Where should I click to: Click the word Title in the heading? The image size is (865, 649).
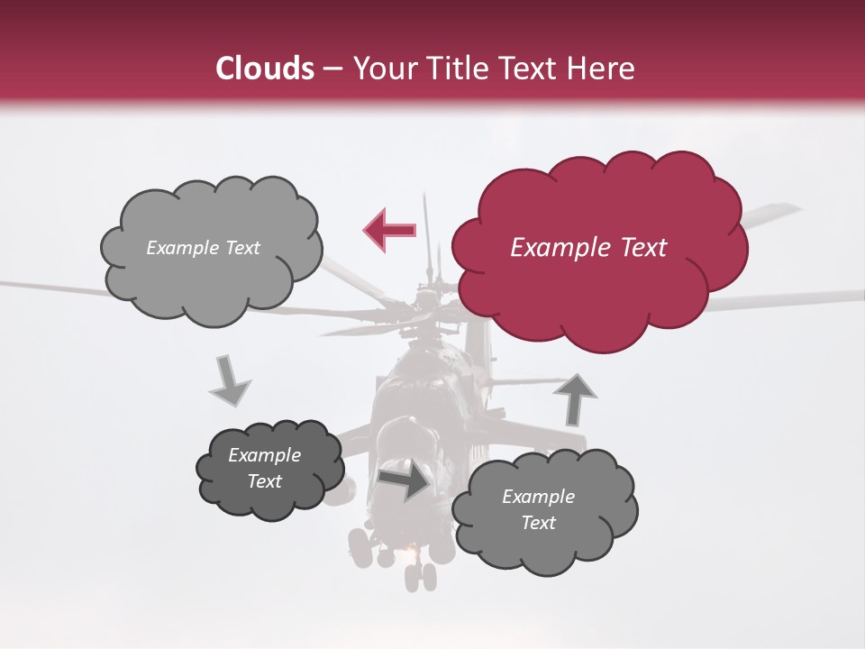click(x=457, y=69)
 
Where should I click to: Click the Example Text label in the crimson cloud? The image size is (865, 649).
click(x=588, y=248)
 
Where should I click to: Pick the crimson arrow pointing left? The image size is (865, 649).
click(x=389, y=230)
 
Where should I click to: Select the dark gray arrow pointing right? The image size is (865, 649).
click(x=403, y=481)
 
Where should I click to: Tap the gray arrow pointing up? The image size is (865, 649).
click(x=575, y=398)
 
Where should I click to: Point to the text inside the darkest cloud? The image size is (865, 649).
click(x=265, y=468)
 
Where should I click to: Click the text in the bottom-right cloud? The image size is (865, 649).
click(x=539, y=509)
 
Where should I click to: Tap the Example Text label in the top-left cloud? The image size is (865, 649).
click(x=203, y=248)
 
